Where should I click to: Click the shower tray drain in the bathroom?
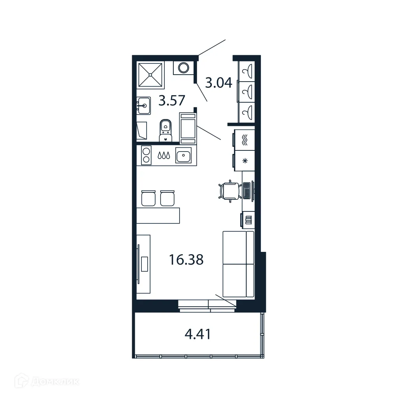coord(151,75)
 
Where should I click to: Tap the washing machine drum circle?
coord(183,68)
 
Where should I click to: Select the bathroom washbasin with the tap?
coord(143,105)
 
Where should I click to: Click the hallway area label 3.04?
coord(218,82)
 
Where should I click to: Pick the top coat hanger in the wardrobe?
coord(246,71)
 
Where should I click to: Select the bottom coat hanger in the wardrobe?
coord(246,113)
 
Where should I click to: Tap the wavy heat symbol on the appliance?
coord(245,140)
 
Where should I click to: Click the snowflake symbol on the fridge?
coord(245,161)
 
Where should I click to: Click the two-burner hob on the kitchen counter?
coord(146,155)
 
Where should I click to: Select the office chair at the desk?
coord(228,190)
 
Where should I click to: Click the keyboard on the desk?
coord(246,190)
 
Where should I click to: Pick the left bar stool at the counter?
coord(148,198)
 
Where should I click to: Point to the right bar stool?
coord(167,198)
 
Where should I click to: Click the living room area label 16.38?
coord(186,259)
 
